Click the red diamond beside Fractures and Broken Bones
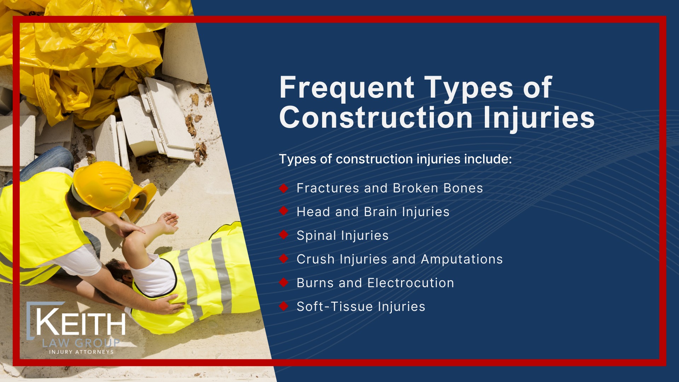point(284,188)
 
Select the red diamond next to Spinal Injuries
point(284,235)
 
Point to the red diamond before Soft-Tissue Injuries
point(284,306)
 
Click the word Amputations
point(462,259)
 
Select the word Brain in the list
point(380,212)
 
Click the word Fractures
point(327,188)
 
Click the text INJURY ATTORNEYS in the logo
point(81,352)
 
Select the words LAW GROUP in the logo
point(81,343)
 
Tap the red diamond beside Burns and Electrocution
point(284,283)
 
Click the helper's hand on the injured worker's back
point(170,304)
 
